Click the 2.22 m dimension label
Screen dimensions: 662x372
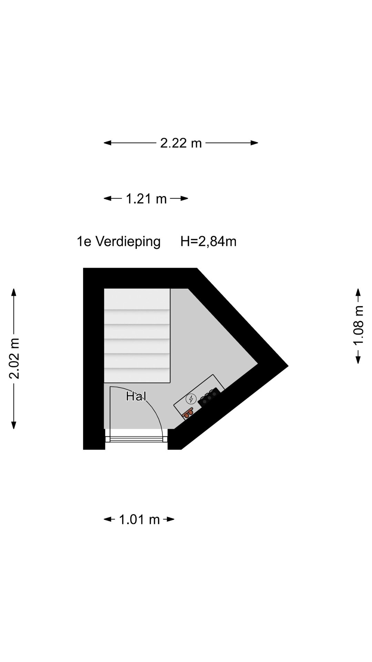[181, 143]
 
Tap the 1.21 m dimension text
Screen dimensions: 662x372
[146, 199]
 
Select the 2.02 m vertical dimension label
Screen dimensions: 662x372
[14, 359]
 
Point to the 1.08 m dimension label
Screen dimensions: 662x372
[358, 325]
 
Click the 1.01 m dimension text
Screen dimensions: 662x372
[139, 519]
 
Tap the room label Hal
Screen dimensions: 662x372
[136, 396]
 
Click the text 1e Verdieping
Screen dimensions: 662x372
[118, 241]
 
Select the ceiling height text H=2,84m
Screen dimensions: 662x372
[208, 241]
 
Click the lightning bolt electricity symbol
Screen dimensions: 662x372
[190, 399]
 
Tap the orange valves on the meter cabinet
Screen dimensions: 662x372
[188, 413]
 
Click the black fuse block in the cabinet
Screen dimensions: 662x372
[209, 398]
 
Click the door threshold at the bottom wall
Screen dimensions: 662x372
[136, 439]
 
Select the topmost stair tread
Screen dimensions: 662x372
[137, 299]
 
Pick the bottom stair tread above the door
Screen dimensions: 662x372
[137, 375]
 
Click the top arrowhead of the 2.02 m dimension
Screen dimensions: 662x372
[14, 292]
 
